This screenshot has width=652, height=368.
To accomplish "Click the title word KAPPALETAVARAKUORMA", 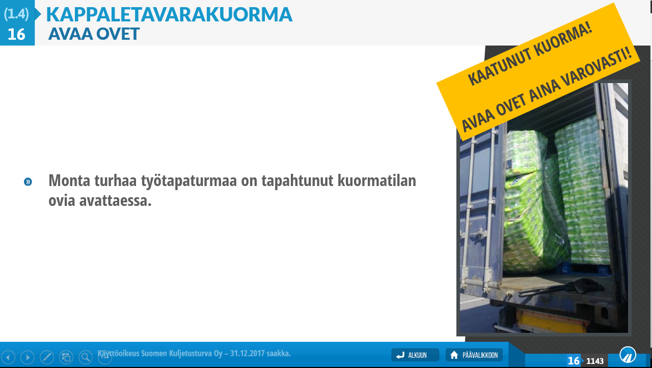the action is pos(169,14).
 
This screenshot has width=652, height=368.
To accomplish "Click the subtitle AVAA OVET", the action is pos(94,34).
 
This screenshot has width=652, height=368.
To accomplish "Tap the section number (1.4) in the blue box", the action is pos(16,14).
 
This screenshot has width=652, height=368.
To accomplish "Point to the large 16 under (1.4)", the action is pos(16,34).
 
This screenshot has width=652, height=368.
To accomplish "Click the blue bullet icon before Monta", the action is pos(28,182).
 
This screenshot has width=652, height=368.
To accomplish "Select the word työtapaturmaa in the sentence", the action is pos(189,181).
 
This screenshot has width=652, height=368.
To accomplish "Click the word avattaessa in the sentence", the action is pos(115,201).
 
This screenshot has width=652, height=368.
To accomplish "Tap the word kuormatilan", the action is pos(377,180).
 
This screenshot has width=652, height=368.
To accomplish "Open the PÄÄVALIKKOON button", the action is pos(474,355).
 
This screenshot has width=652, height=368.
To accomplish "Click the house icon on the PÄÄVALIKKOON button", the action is pos(454,355).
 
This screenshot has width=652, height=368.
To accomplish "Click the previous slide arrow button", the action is pos(8,357).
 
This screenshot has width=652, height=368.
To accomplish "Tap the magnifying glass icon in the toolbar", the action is pos(86,357).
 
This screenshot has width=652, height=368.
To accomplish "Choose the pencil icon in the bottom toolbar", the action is pos(47,357).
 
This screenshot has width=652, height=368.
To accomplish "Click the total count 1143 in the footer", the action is pos(595,361).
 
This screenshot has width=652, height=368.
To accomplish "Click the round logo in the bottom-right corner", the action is pos(628,355).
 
